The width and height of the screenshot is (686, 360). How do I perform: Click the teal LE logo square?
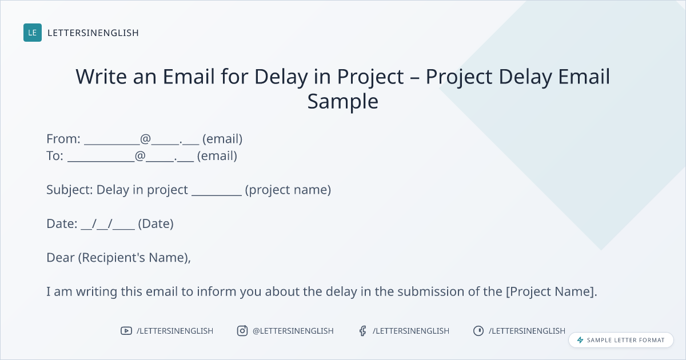(33, 33)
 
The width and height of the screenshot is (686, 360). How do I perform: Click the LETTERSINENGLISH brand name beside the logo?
(93, 33)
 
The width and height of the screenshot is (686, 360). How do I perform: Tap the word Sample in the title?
(342, 102)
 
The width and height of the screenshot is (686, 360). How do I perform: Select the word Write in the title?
(101, 76)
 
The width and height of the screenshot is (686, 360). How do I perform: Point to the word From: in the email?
(63, 139)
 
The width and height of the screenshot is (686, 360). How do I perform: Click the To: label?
(55, 156)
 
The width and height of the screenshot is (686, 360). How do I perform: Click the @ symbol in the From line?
(145, 139)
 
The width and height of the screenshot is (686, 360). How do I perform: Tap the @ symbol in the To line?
(140, 156)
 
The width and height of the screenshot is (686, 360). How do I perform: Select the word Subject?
(70, 190)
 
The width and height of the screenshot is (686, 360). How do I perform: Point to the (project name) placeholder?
(288, 190)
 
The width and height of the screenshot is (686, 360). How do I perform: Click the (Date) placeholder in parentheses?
(155, 224)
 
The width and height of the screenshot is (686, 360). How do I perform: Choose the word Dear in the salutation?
(61, 258)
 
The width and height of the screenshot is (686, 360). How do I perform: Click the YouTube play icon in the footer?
(126, 331)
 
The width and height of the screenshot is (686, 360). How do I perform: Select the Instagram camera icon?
(242, 331)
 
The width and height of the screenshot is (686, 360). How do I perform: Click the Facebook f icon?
(363, 331)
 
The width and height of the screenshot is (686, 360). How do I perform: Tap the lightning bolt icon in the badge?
(580, 340)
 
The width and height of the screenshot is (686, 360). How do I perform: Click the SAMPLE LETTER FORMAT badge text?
(625, 340)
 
